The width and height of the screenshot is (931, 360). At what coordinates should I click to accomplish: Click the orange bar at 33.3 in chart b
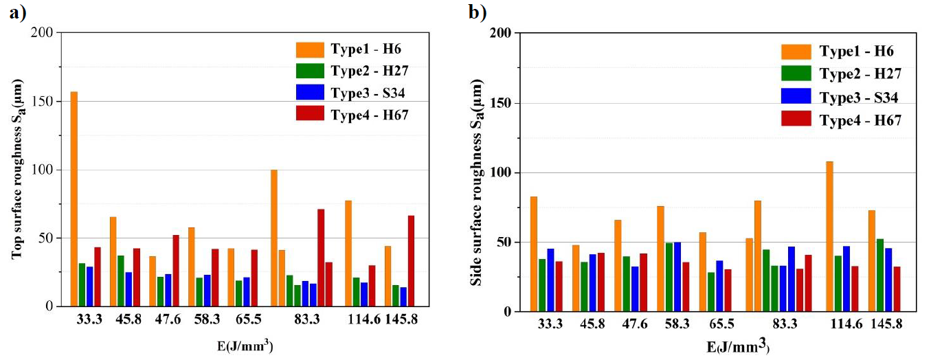pos(534,254)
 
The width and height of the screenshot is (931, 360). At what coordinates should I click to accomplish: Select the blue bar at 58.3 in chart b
pos(677,276)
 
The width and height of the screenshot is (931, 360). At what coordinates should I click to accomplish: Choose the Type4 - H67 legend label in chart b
pos(860,120)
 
